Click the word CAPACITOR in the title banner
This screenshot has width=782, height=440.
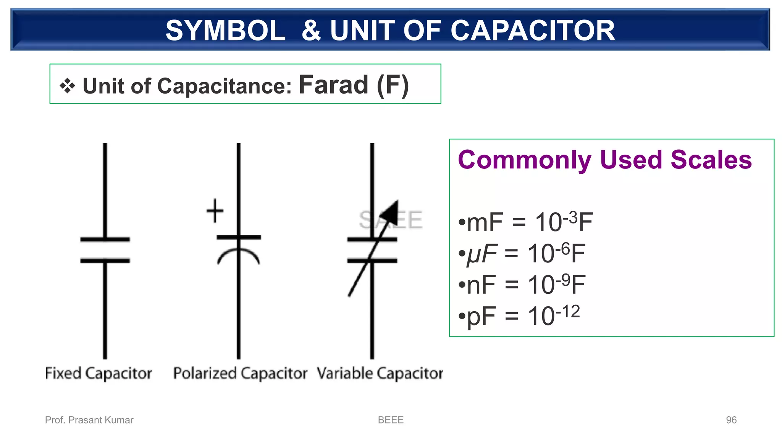tap(533, 31)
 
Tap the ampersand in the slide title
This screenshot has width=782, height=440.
tap(311, 31)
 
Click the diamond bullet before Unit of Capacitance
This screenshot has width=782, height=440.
tap(67, 86)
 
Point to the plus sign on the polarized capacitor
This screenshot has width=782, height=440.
tap(215, 210)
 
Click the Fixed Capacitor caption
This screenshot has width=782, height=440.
tap(99, 373)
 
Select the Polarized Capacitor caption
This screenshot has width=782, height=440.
tap(240, 373)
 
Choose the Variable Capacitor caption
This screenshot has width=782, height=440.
tap(380, 373)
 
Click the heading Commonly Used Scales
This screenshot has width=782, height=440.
tap(605, 160)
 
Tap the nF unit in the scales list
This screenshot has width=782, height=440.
tap(481, 285)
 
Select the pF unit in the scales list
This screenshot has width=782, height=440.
tap(481, 317)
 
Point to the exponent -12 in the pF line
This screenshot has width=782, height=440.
tap(568, 312)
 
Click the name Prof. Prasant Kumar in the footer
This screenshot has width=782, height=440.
tap(89, 420)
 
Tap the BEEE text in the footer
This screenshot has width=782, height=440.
tap(391, 420)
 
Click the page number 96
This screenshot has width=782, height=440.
tap(731, 420)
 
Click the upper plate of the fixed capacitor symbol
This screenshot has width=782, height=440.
tap(105, 239)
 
